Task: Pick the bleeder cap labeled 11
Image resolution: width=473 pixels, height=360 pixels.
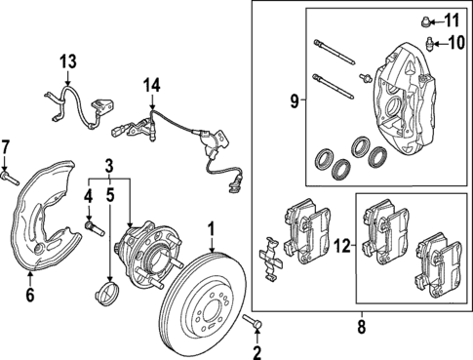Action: [x=427, y=20]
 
